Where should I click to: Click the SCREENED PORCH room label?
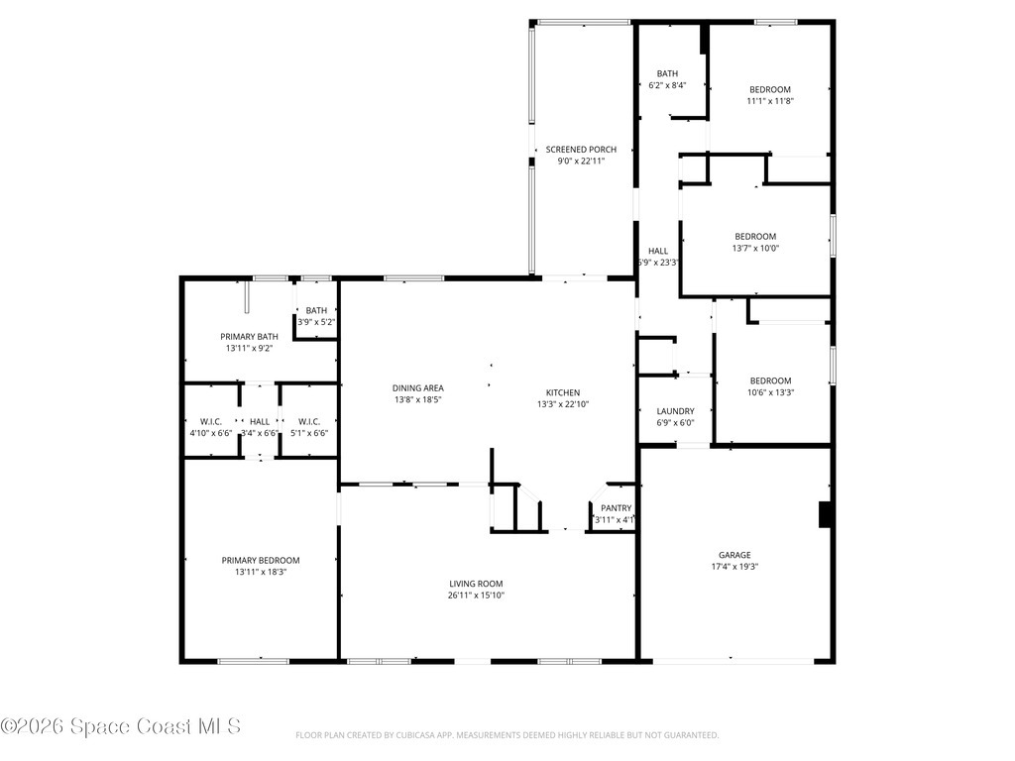tap(581, 150)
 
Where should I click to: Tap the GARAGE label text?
tap(734, 555)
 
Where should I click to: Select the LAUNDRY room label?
tap(675, 411)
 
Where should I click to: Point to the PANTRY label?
tap(615, 508)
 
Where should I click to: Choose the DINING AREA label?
tap(418, 387)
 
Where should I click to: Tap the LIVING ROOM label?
tap(477, 584)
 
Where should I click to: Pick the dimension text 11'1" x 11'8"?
tap(770, 100)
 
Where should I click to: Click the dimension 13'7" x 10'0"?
tap(755, 248)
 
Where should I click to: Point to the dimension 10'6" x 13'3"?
tap(770, 392)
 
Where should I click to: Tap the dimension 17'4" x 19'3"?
tap(734, 567)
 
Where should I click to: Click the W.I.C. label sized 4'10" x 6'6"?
tap(210, 421)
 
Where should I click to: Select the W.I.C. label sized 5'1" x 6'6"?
tap(308, 421)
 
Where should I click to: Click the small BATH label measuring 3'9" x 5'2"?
tap(316, 311)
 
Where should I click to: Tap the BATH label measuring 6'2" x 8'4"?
tap(667, 73)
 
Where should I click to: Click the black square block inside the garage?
tap(824, 515)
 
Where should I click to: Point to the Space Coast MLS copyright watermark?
tap(121, 726)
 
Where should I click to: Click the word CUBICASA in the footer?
tap(413, 735)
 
